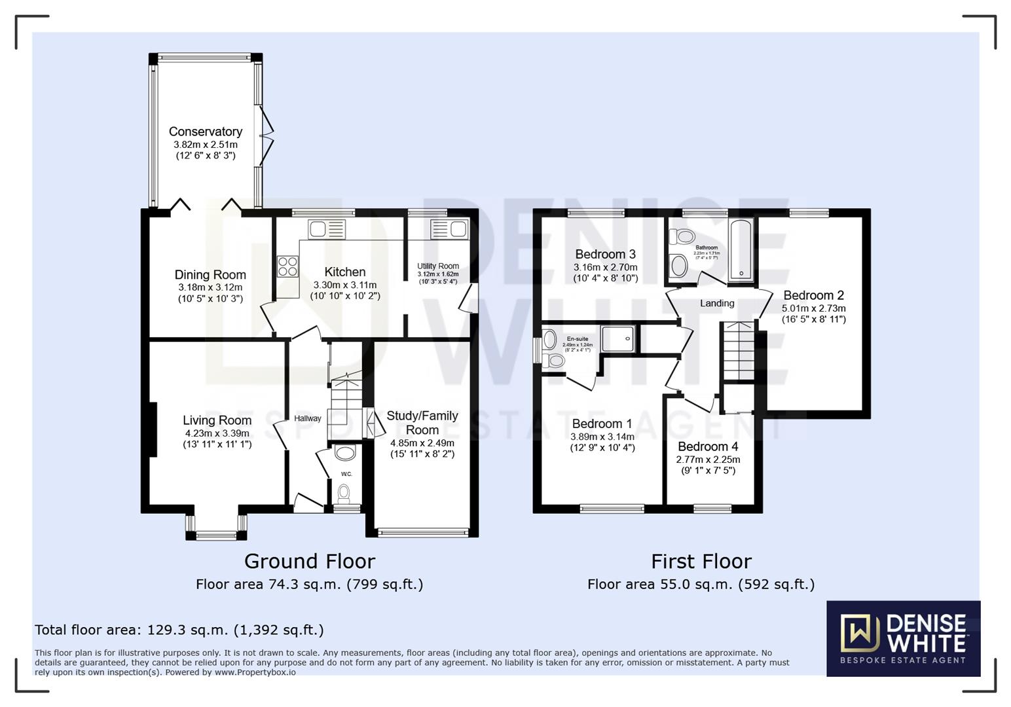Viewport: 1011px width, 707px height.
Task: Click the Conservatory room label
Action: pos(205,132)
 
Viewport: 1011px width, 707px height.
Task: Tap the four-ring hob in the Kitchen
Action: pos(287,266)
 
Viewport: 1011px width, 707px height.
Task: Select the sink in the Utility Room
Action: pos(449,229)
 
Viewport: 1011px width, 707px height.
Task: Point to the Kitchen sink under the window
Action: pos(327,229)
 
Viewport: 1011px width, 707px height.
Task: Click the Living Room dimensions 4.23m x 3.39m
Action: pos(217,433)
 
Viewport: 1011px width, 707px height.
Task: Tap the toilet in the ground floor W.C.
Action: pos(344,492)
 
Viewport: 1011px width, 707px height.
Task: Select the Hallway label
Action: pos(307,418)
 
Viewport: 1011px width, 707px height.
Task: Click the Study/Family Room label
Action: pos(422,423)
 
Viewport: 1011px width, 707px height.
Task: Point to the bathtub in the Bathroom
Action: pos(741,250)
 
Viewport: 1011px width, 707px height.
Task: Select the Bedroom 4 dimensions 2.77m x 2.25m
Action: pos(708,460)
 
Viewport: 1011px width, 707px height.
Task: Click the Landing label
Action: pos(717,303)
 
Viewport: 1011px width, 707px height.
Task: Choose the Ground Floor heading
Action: pos(309,561)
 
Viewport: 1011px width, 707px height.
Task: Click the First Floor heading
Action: pos(701,561)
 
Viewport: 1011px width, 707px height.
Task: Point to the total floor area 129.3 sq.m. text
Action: pos(179,630)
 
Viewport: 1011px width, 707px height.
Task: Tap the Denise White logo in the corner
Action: pos(903,638)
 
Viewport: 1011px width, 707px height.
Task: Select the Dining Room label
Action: pos(210,275)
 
